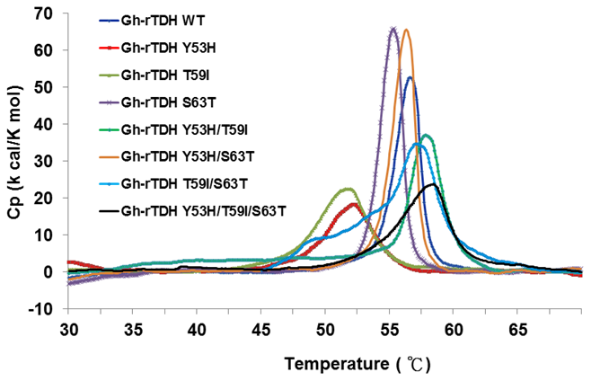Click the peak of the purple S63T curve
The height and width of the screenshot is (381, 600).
(x=393, y=29)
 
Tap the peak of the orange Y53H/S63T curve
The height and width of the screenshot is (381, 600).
(x=406, y=31)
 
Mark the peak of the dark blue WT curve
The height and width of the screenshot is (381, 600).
(x=410, y=78)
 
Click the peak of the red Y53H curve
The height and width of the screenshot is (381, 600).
(x=353, y=204)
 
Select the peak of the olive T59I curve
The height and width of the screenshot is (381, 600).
(x=348, y=189)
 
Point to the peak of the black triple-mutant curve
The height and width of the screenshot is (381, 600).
(x=433, y=184)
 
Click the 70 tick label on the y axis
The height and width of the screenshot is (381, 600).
(x=47, y=13)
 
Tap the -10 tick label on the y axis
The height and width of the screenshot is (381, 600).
(x=44, y=309)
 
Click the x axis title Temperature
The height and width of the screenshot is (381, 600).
(x=329, y=364)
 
